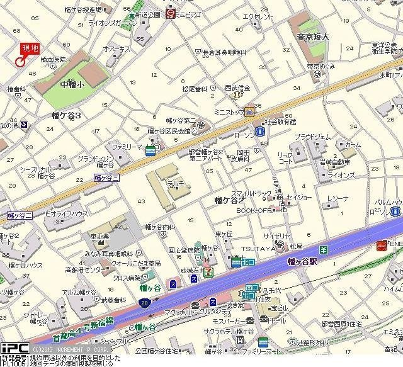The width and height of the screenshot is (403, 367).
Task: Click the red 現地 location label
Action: (30, 48)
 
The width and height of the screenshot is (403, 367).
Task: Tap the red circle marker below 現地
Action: (20, 61)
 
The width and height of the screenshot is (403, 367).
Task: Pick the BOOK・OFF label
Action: (253, 211)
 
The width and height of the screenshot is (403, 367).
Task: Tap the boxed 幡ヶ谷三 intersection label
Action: (106, 179)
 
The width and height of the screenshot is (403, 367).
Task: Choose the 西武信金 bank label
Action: (237, 88)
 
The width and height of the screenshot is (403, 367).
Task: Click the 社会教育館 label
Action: (280, 121)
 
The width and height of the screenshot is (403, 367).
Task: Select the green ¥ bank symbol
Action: (324, 249)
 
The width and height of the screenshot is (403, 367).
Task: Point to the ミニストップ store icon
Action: (249, 113)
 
